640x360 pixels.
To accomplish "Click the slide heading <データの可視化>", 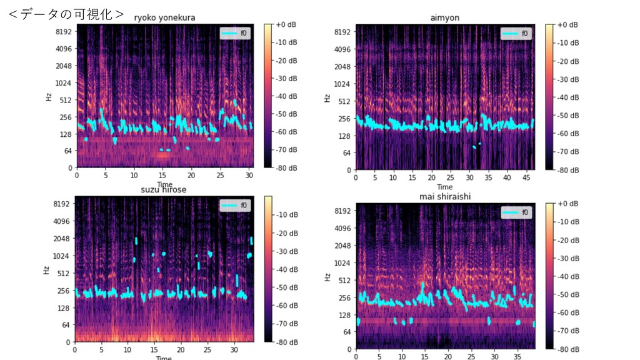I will (x=66, y=14).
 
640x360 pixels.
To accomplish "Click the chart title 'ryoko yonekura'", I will (x=164, y=18).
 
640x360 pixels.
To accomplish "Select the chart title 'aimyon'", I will (x=444, y=18).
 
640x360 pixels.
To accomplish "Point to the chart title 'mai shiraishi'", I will (x=445, y=197).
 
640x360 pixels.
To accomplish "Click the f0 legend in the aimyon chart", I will (x=516, y=33).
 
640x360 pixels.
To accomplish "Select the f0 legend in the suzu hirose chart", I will (x=235, y=206).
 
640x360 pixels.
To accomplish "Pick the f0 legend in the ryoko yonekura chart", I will (x=235, y=33).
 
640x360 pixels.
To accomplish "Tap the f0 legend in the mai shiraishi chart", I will (x=516, y=212).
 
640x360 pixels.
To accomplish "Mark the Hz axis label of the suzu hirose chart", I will (x=47, y=270).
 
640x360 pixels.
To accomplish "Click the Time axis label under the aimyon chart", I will (x=444, y=187).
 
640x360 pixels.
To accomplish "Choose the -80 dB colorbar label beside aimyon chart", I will (x=567, y=169).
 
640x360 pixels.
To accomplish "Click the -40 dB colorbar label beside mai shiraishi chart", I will (x=567, y=276).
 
